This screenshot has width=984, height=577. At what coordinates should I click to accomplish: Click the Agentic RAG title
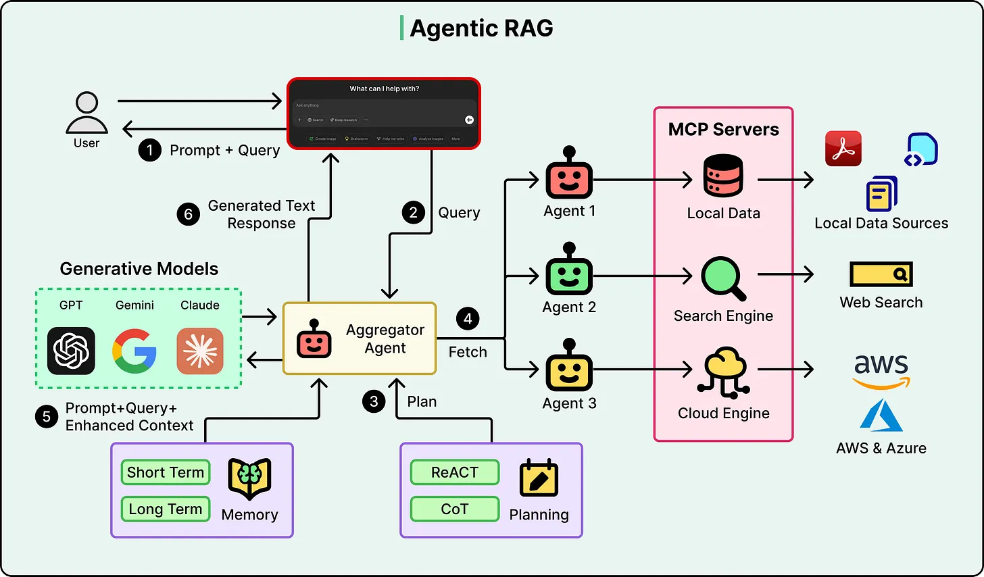click(481, 28)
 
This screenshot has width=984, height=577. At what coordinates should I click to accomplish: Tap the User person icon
click(87, 113)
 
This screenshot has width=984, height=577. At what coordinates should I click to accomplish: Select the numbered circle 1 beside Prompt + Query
click(149, 150)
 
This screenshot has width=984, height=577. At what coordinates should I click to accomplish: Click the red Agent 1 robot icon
click(569, 176)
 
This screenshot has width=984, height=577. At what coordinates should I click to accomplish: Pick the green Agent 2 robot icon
click(569, 272)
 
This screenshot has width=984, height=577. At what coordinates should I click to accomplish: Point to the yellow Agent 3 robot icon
click(569, 368)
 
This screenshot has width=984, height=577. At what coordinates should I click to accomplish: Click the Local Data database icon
click(723, 176)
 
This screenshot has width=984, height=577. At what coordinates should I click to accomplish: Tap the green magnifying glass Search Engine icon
click(722, 278)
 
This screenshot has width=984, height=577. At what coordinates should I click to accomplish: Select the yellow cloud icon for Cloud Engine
click(724, 372)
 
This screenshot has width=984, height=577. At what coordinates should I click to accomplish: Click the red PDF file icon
click(843, 149)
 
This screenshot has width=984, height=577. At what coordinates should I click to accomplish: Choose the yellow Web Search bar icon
click(881, 274)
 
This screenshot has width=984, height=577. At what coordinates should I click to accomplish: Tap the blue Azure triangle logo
click(881, 415)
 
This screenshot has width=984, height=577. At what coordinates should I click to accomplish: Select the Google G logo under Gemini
click(134, 351)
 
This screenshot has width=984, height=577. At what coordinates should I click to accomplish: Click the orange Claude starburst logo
click(200, 351)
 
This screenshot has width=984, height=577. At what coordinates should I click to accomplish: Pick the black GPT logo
click(71, 351)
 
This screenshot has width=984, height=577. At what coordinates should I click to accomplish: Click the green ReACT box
click(455, 472)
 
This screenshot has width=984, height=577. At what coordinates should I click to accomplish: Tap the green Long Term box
click(166, 509)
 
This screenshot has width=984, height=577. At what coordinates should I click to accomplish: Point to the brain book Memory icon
click(249, 478)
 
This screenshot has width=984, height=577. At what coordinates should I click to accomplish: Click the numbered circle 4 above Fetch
click(468, 319)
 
